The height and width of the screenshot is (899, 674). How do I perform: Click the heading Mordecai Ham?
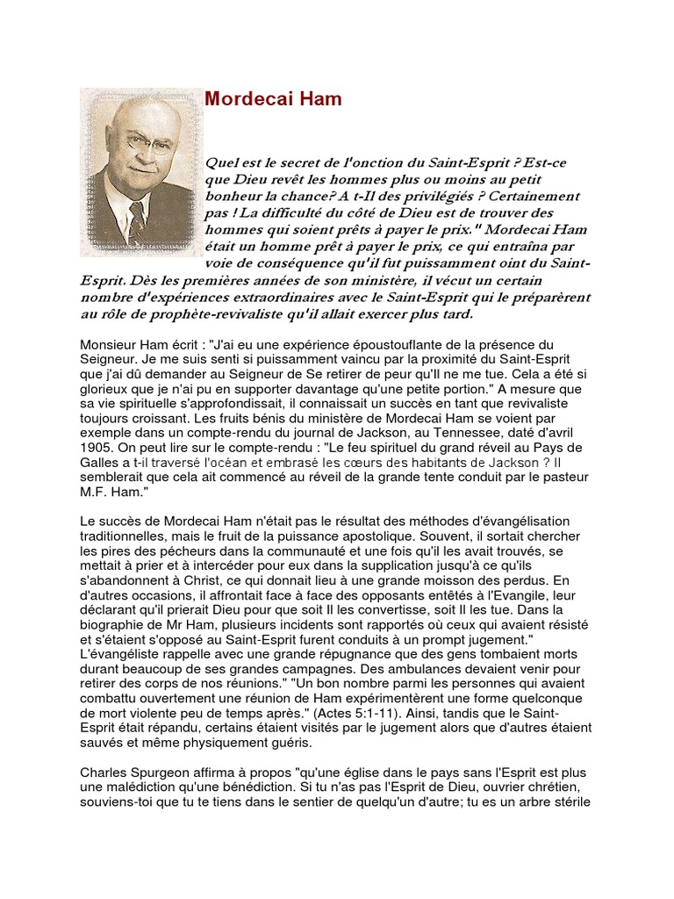(x=273, y=99)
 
